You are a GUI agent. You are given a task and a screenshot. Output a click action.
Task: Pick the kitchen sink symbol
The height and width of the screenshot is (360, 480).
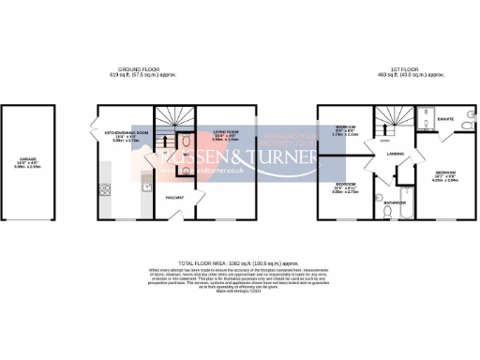[144, 188]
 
